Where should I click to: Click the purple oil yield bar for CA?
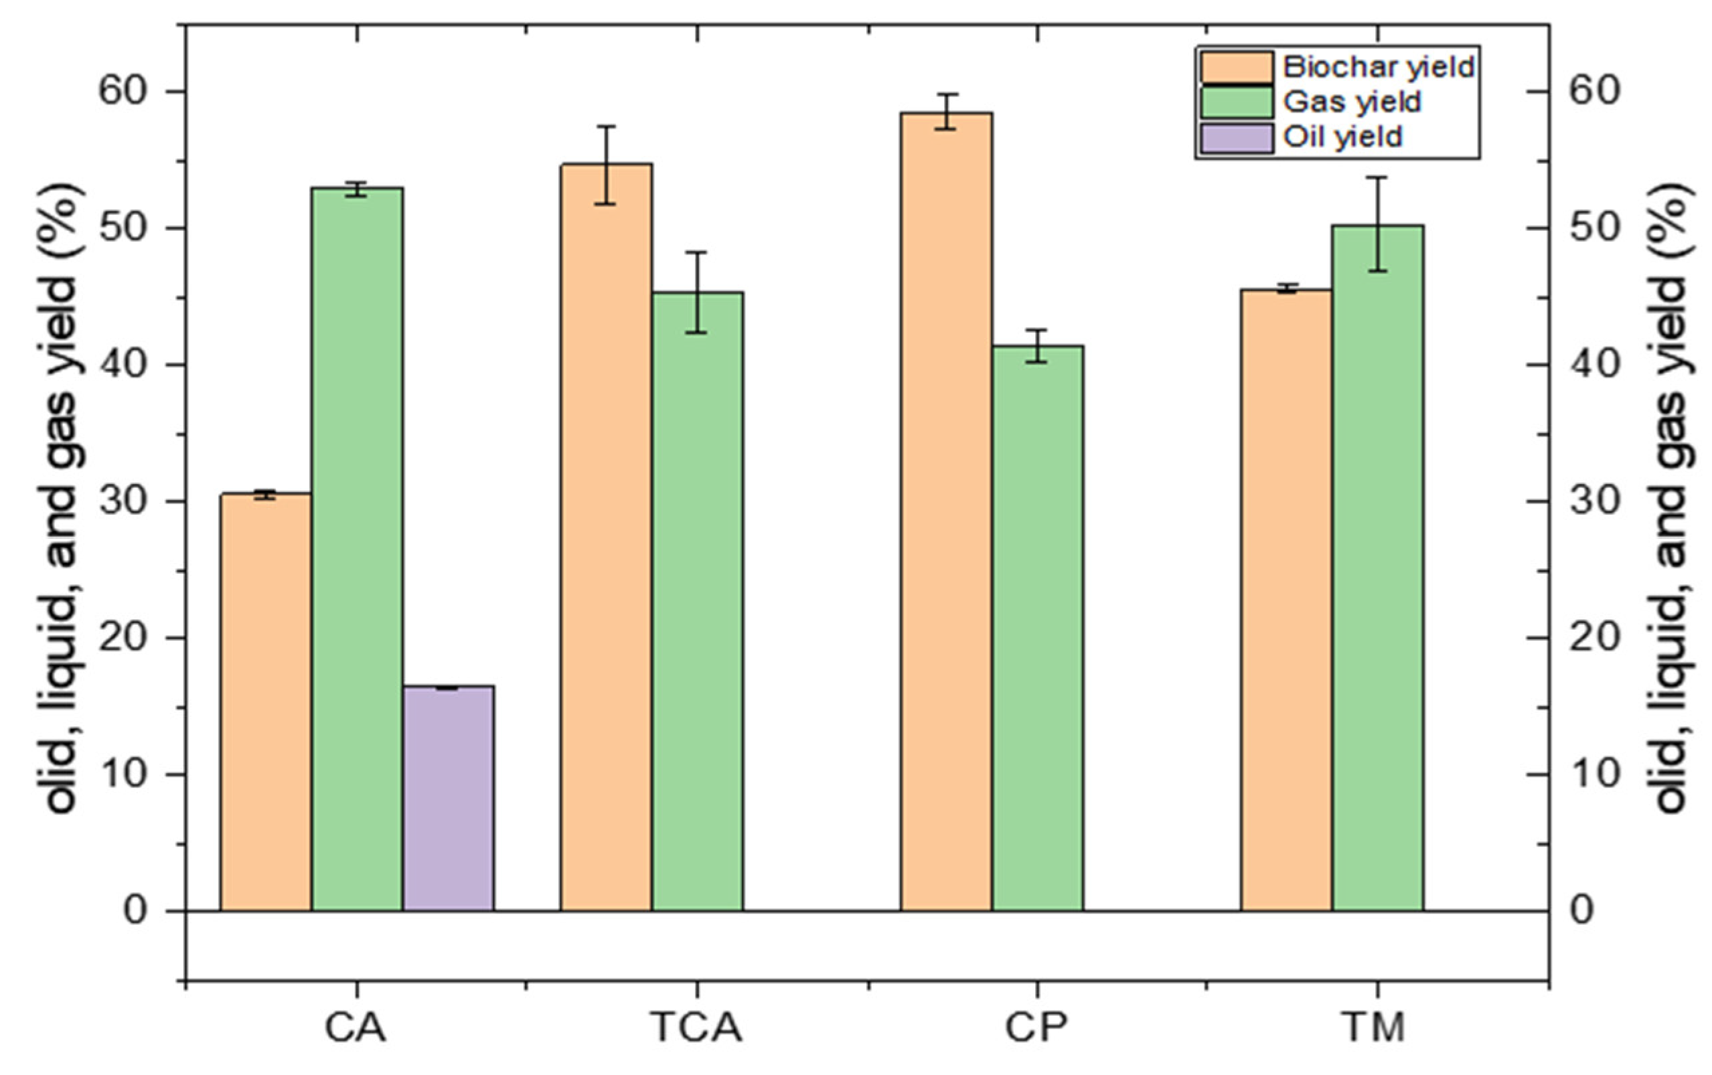pos(449,799)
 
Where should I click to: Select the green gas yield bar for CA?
pos(358,549)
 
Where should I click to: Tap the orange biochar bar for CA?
pos(266,701)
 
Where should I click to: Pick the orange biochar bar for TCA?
pos(607,537)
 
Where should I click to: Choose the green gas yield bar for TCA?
pos(698,602)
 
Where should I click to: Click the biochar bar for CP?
pos(946,512)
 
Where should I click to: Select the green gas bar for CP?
pos(1038,629)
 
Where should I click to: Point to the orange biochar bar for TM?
pos(1287,600)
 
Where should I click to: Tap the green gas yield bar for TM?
pos(1378,568)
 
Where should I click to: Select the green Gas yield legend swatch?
pos(1237,102)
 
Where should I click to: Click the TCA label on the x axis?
pos(697,1027)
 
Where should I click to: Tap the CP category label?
pos(1036,1027)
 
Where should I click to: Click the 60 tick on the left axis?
pos(124,92)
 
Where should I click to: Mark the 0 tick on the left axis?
pos(135,911)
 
